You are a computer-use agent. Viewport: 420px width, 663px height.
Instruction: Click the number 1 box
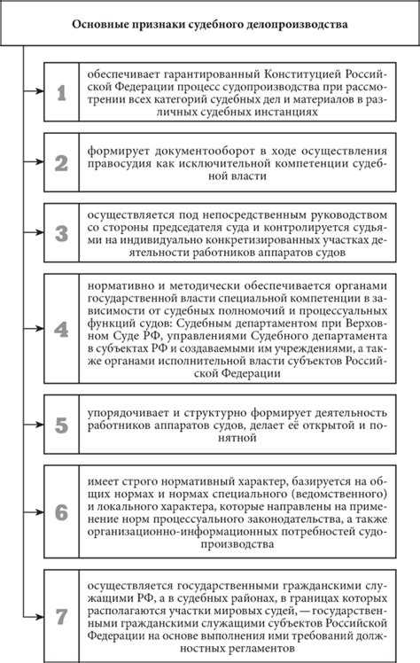point(60,91)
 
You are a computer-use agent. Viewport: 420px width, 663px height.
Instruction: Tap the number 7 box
point(60,615)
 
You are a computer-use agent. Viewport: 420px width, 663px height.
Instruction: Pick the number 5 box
point(60,424)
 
